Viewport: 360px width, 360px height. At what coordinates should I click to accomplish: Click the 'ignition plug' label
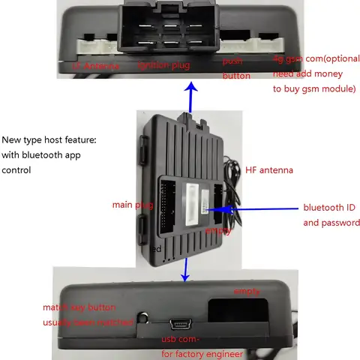163,65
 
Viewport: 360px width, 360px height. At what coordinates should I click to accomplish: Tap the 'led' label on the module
155,247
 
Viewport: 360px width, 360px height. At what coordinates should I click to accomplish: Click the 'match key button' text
79,307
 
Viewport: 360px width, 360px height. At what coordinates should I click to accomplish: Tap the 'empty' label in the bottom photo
247,290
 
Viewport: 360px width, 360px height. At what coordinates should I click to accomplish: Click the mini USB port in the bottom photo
182,323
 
